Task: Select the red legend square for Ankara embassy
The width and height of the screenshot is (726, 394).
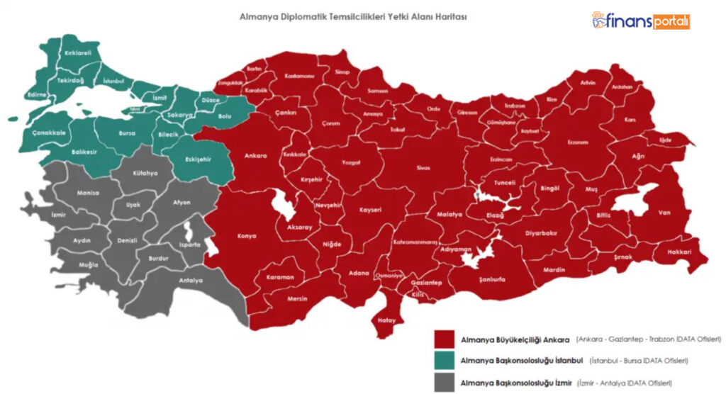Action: pyautogui.click(x=445, y=339)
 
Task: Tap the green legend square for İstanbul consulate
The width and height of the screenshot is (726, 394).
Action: pyautogui.click(x=445, y=360)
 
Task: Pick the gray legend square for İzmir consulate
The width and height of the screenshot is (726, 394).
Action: pyautogui.click(x=445, y=381)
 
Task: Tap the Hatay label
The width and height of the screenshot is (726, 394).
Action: pyautogui.click(x=386, y=320)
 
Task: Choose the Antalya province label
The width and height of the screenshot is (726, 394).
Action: pyautogui.click(x=191, y=281)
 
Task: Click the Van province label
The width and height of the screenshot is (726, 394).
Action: pyautogui.click(x=664, y=213)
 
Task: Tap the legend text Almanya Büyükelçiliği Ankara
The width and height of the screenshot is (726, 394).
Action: pyautogui.click(x=515, y=339)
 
